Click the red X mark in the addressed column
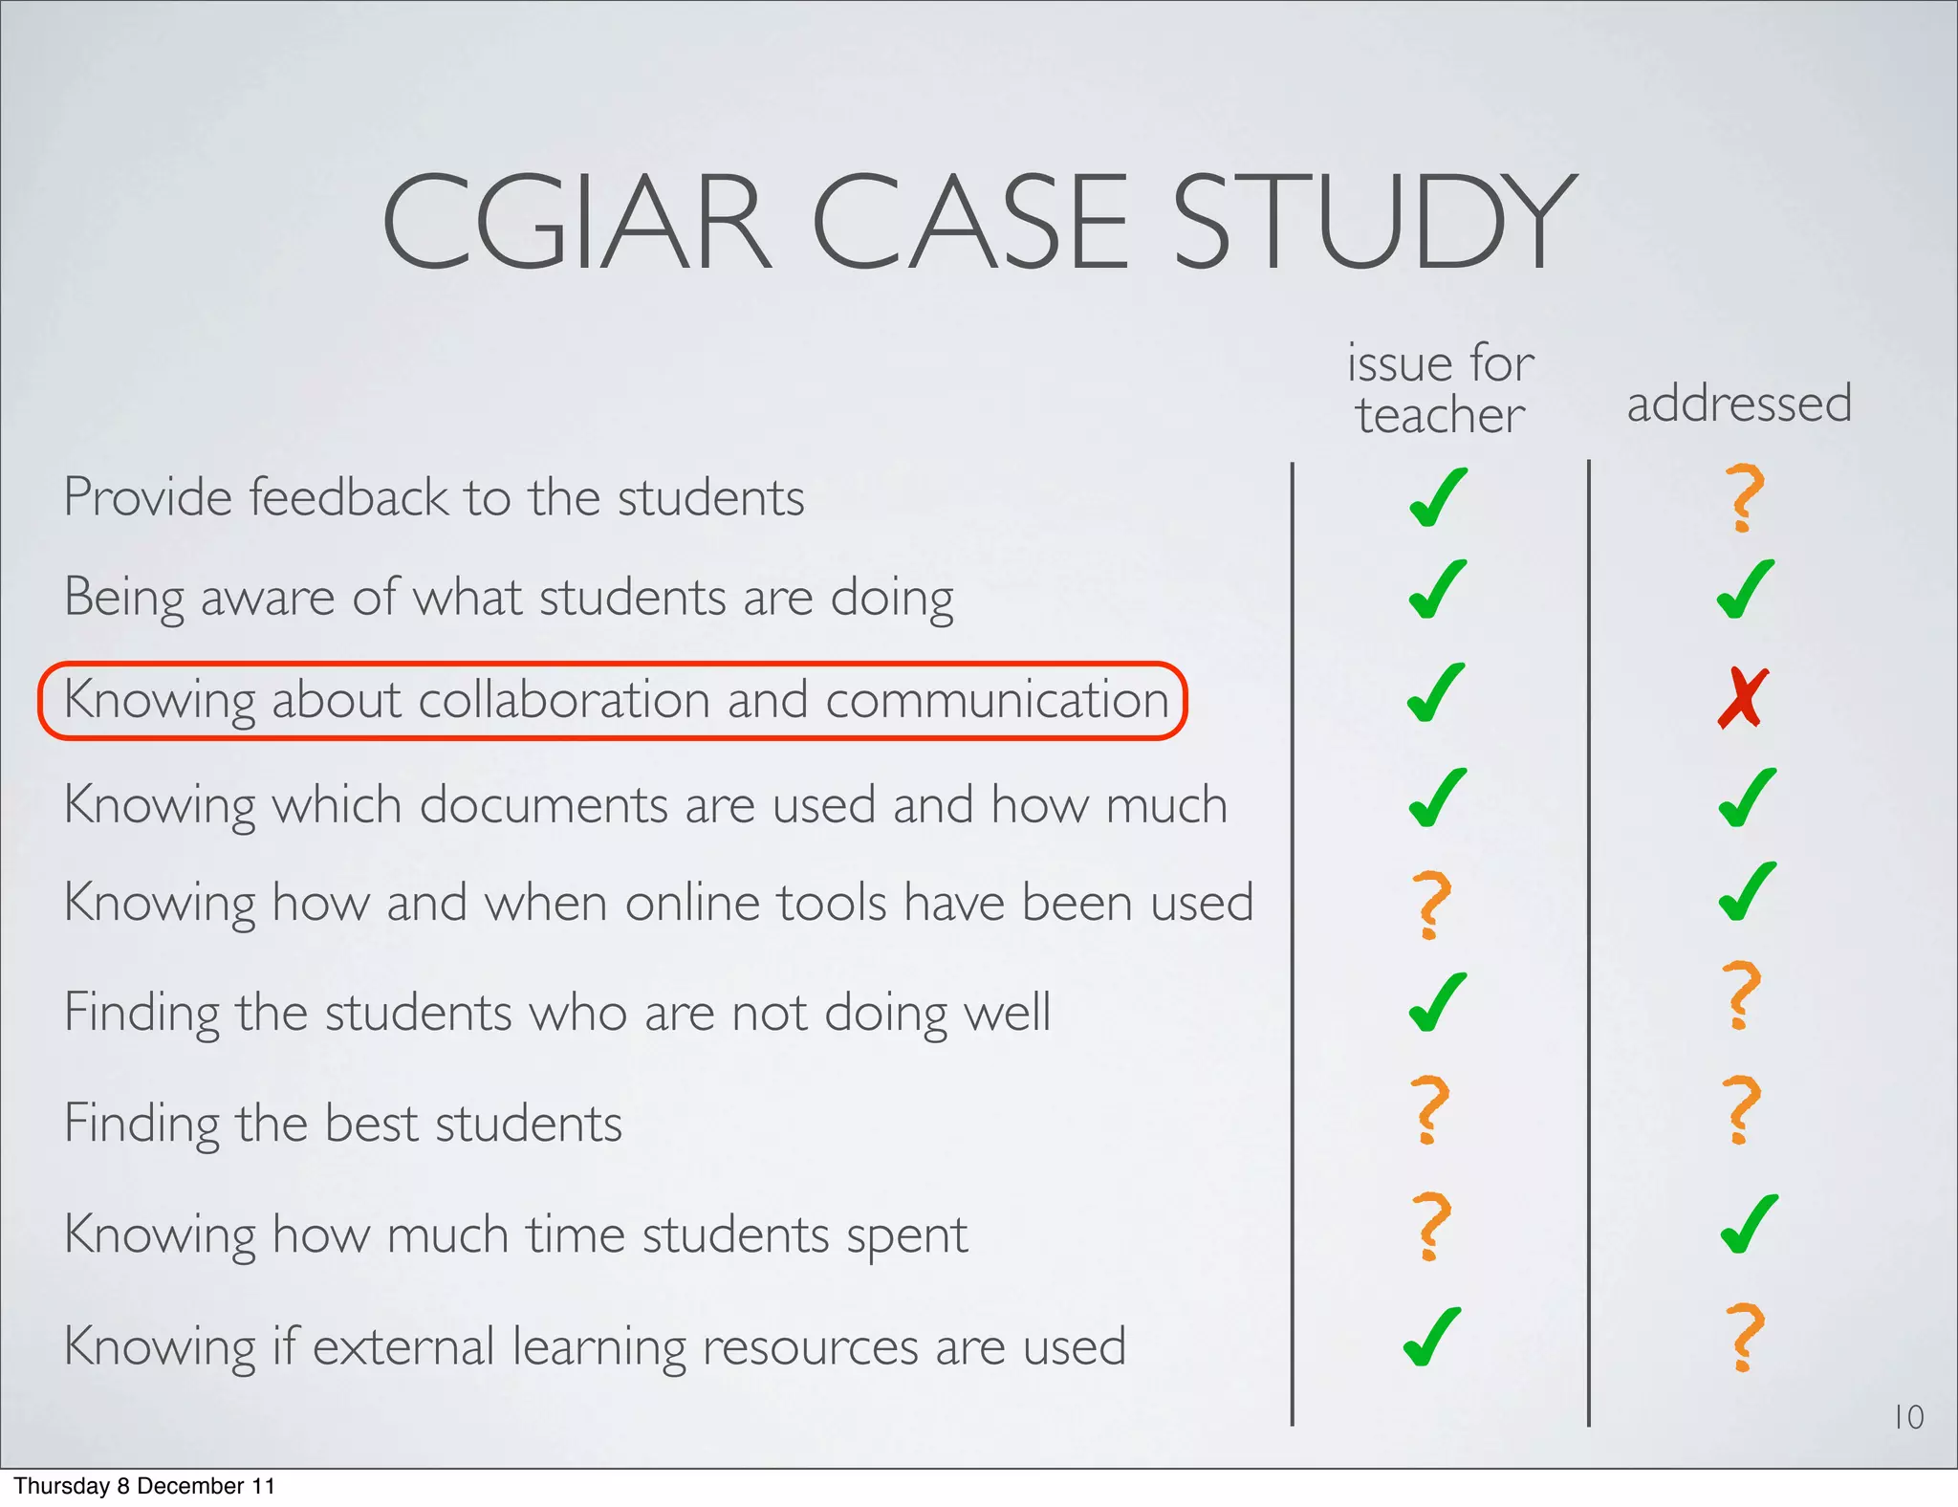tap(1743, 698)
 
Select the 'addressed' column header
tap(1739, 403)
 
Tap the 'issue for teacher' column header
tap(1440, 389)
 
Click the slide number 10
tap(1908, 1417)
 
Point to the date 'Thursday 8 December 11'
tap(144, 1486)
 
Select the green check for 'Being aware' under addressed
tap(1746, 589)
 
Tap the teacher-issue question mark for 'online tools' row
tap(1431, 904)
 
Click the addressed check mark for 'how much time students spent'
tap(1749, 1224)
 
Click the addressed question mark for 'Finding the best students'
tap(1741, 1109)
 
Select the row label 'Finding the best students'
tap(343, 1123)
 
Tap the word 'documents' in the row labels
tap(543, 804)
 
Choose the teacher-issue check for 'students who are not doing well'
tap(1437, 1002)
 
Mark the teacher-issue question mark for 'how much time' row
tap(1431, 1225)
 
